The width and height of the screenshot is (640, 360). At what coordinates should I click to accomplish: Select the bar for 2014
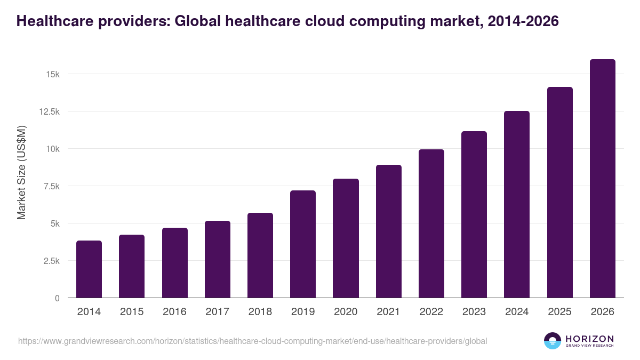[x=89, y=269]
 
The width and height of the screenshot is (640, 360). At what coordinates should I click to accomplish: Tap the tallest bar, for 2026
[x=602, y=179]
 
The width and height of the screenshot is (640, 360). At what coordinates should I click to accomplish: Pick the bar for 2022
[x=431, y=223]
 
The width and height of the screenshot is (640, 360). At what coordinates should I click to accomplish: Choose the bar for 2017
[x=218, y=259]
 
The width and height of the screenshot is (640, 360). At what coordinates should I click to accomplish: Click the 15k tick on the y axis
[x=52, y=74]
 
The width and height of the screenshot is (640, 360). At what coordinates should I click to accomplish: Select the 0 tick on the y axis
[x=57, y=298]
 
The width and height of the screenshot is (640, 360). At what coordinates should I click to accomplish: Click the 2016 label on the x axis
[x=174, y=312]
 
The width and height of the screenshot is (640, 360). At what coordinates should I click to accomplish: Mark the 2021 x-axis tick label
[x=388, y=312]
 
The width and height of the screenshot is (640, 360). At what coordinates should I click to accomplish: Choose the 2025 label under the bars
[x=559, y=312]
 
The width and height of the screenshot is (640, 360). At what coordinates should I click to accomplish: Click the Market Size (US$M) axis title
[x=21, y=172]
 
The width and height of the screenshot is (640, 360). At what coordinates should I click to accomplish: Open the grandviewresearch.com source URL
[x=252, y=341]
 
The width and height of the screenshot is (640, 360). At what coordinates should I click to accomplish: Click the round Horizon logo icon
[x=553, y=341]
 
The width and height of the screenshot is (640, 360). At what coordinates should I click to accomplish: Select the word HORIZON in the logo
[x=589, y=338]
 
